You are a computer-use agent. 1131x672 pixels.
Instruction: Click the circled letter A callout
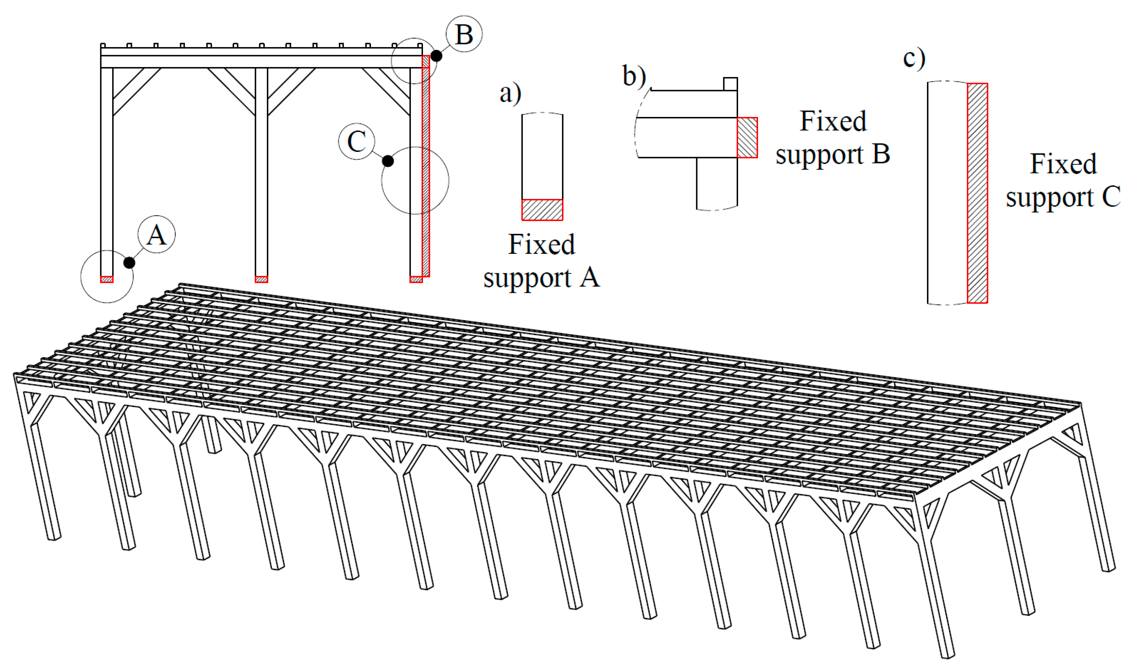156,235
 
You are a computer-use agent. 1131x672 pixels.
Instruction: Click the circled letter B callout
464,34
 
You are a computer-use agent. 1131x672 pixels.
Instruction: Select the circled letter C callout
357,141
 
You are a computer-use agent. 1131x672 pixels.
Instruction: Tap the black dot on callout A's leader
129,263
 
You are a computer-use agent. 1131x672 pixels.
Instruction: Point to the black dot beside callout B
436,56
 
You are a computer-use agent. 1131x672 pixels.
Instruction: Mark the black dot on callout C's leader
388,161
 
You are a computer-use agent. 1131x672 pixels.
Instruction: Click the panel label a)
510,93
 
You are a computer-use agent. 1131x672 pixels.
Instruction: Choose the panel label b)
634,76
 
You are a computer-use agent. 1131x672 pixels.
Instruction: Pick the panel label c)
914,58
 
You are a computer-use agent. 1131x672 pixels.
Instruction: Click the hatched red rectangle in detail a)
542,210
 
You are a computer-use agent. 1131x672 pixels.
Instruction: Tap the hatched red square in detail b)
747,138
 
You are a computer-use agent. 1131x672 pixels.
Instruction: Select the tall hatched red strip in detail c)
977,193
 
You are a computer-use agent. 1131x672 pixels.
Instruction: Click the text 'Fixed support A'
542,261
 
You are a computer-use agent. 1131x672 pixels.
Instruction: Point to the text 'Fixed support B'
832,138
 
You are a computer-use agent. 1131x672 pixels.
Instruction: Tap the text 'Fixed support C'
1063,180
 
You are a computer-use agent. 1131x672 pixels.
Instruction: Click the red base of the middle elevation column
261,279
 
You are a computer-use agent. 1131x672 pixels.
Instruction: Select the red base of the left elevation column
107,279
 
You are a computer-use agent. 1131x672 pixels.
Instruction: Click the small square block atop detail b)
730,84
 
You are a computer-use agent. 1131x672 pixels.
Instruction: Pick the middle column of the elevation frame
261,172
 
